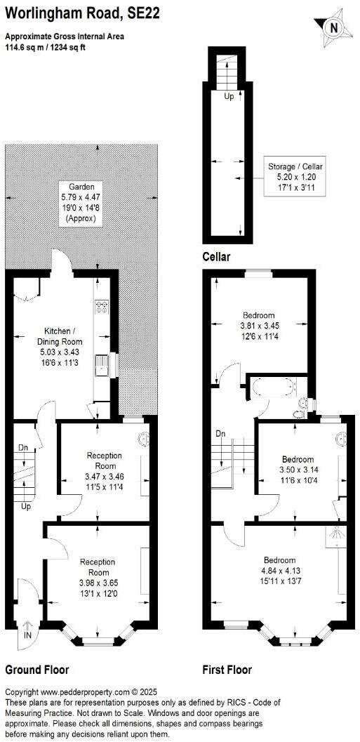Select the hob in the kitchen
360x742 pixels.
tap(100, 307)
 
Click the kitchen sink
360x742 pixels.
tap(102, 364)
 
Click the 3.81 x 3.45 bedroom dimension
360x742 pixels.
tap(259, 325)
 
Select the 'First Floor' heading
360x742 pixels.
tap(227, 670)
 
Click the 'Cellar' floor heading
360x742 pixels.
tap(217, 257)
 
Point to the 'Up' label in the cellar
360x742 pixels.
tap(229, 97)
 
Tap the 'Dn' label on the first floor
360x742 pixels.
tap(220, 432)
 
